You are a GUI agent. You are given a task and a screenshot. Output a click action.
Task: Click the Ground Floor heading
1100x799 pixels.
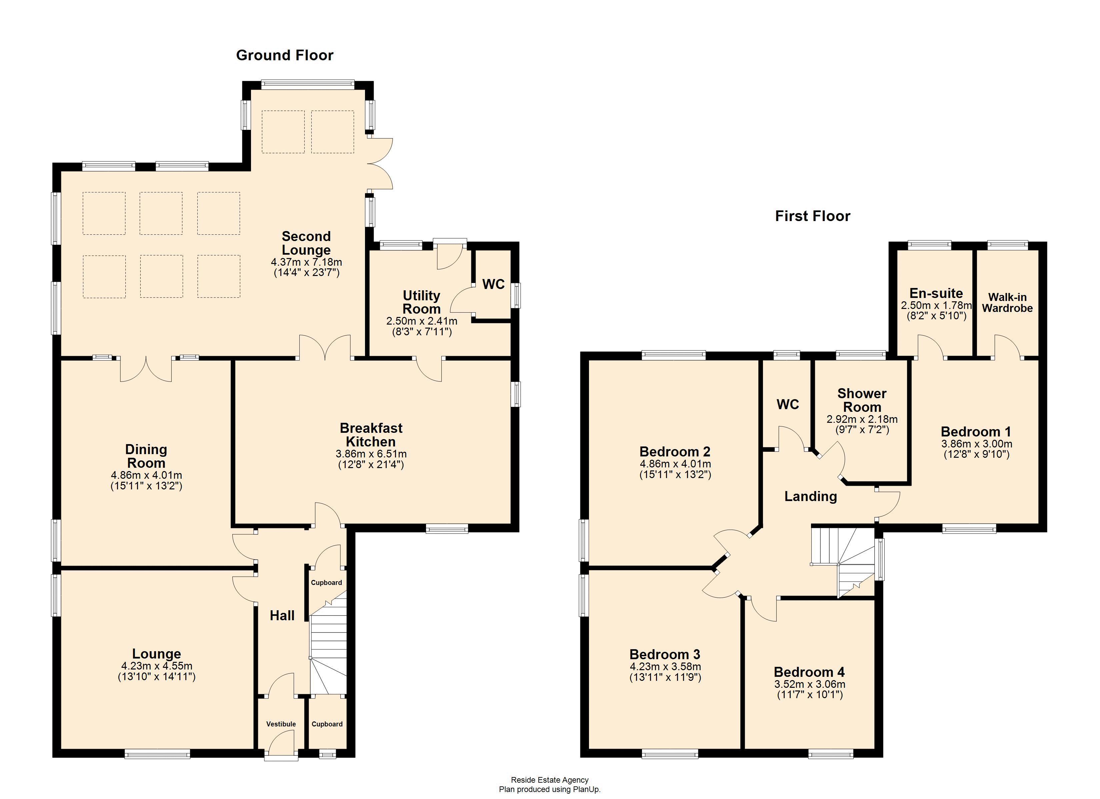(x=285, y=55)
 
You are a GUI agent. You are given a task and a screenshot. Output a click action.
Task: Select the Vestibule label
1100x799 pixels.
(x=281, y=724)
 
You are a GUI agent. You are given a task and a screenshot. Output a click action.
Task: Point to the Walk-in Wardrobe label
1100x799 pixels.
(x=1007, y=303)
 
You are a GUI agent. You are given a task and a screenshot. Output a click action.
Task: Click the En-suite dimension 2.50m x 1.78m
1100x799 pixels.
(x=936, y=306)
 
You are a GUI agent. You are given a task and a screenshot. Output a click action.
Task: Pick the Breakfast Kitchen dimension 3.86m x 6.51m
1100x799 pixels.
(x=371, y=454)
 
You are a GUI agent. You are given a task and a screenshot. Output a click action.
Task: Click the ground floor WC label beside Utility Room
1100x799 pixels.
(x=493, y=284)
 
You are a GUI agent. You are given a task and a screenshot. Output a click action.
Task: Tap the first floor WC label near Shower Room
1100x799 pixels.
(x=788, y=404)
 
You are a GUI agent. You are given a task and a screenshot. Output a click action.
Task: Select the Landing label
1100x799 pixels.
(x=810, y=496)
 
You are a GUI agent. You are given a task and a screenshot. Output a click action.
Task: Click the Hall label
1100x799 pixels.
(x=282, y=616)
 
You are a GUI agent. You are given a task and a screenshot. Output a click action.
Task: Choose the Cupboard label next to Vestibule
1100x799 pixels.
(x=327, y=724)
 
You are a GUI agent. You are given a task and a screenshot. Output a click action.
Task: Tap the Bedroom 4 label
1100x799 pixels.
(x=809, y=672)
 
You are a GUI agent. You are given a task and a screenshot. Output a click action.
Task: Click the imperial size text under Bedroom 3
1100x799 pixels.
(x=665, y=677)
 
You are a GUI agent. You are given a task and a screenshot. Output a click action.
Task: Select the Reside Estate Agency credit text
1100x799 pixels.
(x=550, y=780)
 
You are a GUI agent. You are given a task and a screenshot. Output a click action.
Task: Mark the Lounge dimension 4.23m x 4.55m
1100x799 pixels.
(x=157, y=666)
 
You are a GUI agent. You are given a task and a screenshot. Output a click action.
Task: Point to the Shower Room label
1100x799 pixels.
(x=862, y=400)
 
